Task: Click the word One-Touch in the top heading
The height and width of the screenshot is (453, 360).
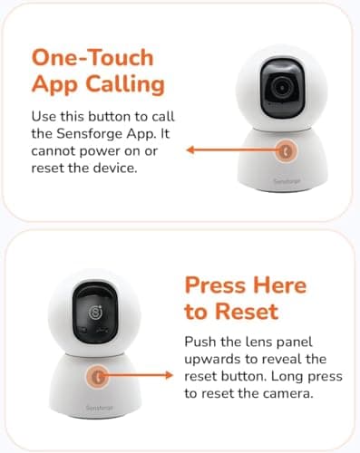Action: pyautogui.click(x=92, y=56)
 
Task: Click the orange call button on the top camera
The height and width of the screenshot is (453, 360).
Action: pyautogui.click(x=287, y=150)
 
